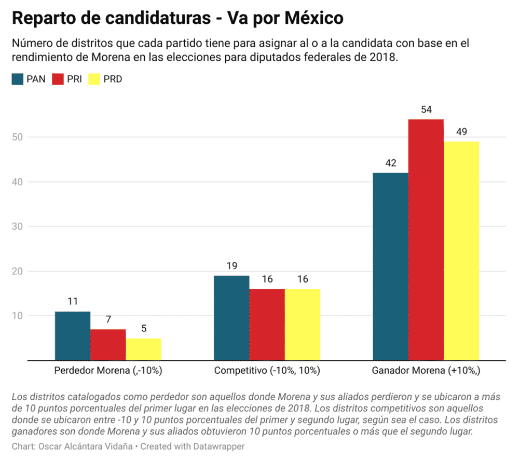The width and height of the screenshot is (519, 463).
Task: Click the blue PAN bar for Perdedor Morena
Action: tap(73, 336)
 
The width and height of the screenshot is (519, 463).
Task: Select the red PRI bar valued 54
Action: tap(426, 240)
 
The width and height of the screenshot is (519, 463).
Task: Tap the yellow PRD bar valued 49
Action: tap(461, 251)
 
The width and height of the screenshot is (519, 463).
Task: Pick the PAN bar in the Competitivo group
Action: tap(231, 318)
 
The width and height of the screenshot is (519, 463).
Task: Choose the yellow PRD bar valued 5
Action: tap(144, 349)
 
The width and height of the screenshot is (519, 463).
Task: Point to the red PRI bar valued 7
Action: tap(108, 345)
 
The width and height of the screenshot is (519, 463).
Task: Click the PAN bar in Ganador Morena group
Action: tap(391, 266)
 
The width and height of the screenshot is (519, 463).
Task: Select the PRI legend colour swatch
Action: tap(58, 79)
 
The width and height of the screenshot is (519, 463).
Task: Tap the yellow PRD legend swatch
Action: tap(95, 79)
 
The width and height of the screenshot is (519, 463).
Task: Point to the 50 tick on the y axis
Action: tap(19, 137)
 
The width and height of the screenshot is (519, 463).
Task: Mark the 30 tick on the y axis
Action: tap(19, 227)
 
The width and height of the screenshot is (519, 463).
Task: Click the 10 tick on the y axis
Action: tap(19, 316)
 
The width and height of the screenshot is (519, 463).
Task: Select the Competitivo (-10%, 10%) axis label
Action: tap(267, 371)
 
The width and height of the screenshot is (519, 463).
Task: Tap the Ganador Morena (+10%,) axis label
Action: tap(426, 371)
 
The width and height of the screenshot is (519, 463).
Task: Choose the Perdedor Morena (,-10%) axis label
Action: tap(108, 371)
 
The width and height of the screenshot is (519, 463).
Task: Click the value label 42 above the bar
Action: tap(391, 163)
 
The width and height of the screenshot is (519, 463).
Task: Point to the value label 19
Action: tap(231, 266)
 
